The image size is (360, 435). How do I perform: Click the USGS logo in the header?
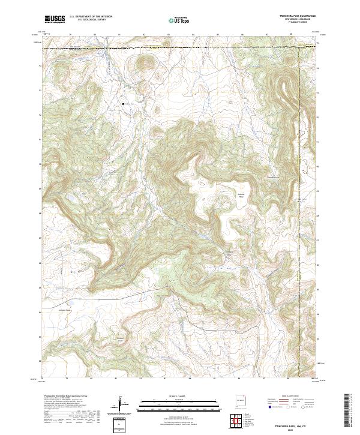pos(55,20)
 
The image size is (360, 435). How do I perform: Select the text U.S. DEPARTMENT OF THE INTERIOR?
pos(91,17)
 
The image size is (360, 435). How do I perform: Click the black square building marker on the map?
pos(124,104)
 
